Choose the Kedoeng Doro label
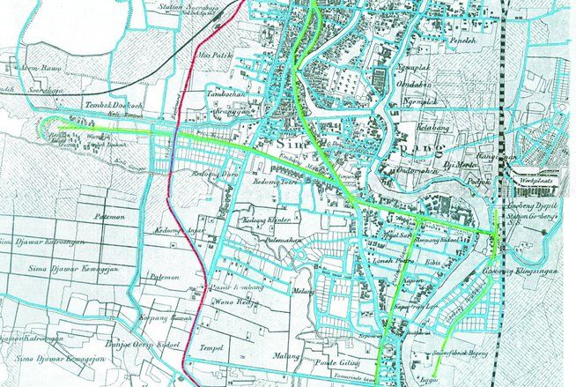click(212, 174)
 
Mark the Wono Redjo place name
click(232, 300)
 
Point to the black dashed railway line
click(506, 88)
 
